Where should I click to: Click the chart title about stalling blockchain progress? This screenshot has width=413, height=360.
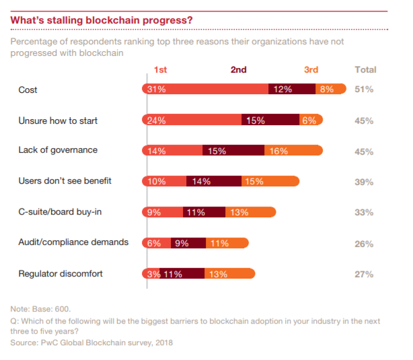102,20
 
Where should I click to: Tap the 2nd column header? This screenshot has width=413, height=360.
238,69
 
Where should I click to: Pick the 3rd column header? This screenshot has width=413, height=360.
311,69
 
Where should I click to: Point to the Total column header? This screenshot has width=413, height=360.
365,69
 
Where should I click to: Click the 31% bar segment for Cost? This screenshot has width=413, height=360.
205,89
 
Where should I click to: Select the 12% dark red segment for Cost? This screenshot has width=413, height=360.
292,89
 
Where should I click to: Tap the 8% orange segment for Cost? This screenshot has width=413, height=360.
330,89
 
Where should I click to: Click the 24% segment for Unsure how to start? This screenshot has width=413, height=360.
192,120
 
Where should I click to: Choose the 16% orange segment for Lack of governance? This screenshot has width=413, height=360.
293,151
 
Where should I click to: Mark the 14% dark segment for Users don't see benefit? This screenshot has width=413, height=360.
213,181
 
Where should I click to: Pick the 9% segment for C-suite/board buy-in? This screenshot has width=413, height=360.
162,212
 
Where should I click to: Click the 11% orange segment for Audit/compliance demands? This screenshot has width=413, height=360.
227,243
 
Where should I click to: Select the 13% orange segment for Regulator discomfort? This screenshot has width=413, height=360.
229,273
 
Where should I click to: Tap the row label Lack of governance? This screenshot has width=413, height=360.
58,150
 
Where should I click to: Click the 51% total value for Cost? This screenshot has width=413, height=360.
364,89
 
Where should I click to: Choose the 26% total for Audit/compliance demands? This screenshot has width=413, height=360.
364,244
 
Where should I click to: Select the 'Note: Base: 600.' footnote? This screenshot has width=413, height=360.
40,309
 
